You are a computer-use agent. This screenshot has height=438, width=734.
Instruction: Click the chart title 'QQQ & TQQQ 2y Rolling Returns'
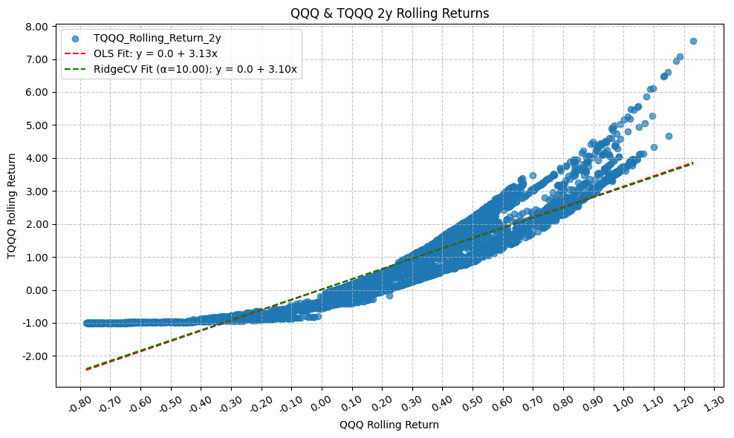point(389,13)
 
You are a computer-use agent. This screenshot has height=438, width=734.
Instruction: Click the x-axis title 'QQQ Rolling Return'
point(389,425)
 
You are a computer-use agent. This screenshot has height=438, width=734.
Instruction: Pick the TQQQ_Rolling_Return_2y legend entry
point(157,37)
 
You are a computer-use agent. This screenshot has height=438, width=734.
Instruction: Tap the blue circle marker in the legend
point(75,38)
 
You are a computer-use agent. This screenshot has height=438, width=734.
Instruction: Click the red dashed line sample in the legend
point(75,53)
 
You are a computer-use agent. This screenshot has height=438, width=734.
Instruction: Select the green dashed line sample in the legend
point(75,70)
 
